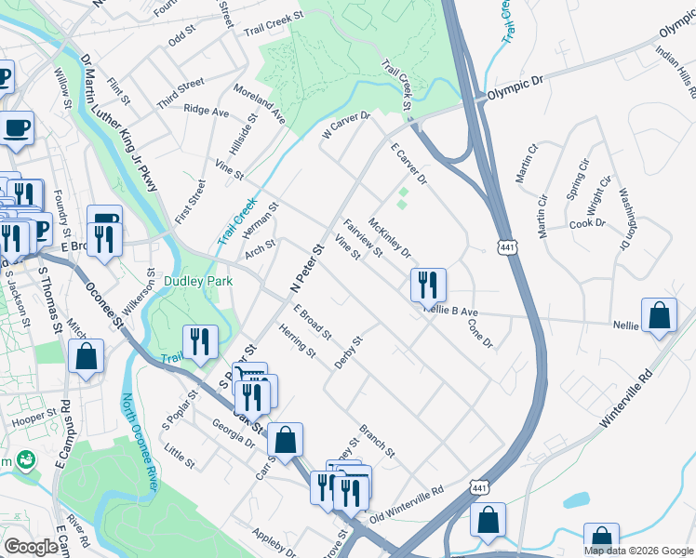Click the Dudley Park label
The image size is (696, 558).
195,280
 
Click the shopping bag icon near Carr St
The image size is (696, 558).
286,438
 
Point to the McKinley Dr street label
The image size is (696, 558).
390,237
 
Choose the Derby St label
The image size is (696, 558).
348,352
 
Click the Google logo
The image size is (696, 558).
31,547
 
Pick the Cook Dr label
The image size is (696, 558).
587,223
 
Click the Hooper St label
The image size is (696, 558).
29,420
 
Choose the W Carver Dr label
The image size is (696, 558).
346,128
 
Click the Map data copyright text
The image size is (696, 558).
638,551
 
